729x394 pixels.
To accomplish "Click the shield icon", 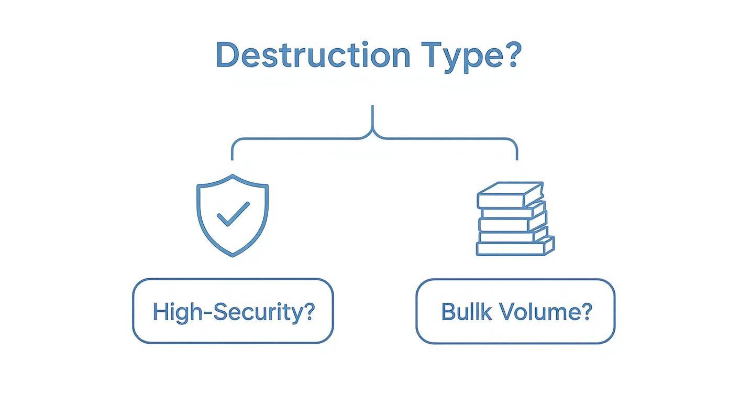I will [233, 215].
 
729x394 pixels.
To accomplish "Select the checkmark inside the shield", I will [233, 214].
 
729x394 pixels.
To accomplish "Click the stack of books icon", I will [515, 219].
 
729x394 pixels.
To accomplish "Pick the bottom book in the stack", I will [515, 247].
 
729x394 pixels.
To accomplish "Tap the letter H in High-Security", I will [159, 312].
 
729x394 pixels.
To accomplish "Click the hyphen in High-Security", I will [207, 313].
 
